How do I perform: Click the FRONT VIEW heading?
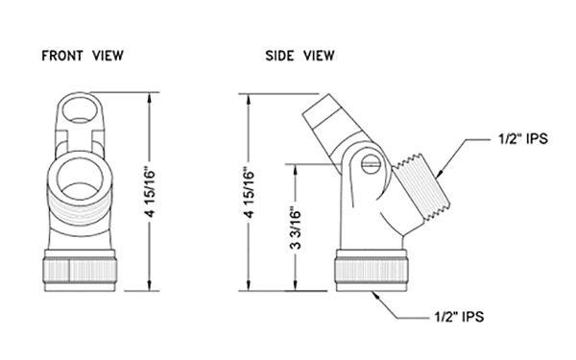pyautogui.click(x=83, y=56)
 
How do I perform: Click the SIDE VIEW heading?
pyautogui.click(x=300, y=56)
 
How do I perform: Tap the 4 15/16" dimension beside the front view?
pyautogui.click(x=151, y=193)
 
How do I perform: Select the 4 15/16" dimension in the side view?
pyautogui.click(x=250, y=193)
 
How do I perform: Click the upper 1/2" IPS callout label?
pyautogui.click(x=523, y=139)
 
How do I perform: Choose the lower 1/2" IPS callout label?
pyautogui.click(x=459, y=316)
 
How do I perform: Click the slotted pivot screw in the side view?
pyautogui.click(x=370, y=163)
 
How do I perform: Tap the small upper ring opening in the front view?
pyautogui.click(x=81, y=109)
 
